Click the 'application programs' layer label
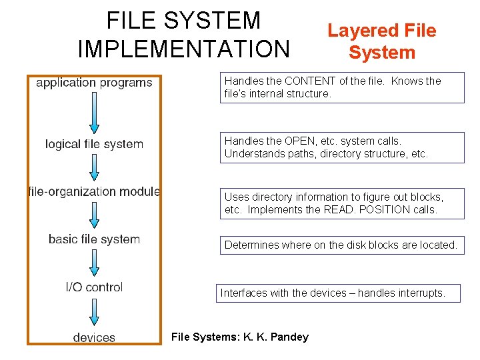pyautogui.click(x=94, y=83)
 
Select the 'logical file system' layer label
pyautogui.click(x=94, y=144)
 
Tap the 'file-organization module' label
pyautogui.click(x=94, y=191)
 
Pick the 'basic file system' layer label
pyautogui.click(x=94, y=239)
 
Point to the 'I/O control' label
pyautogui.click(x=94, y=287)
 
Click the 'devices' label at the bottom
pyautogui.click(x=94, y=337)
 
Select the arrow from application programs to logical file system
pyautogui.click(x=94, y=113)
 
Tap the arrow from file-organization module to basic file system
pyautogui.click(x=94, y=215)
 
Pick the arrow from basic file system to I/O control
pyautogui.click(x=94, y=263)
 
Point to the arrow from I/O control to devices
pyautogui.click(x=94, y=312)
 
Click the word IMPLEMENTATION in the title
pyautogui.click(x=184, y=49)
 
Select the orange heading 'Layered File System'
pyautogui.click(x=381, y=41)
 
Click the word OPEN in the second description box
pyautogui.click(x=299, y=141)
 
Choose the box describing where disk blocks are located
pyautogui.click(x=341, y=245)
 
